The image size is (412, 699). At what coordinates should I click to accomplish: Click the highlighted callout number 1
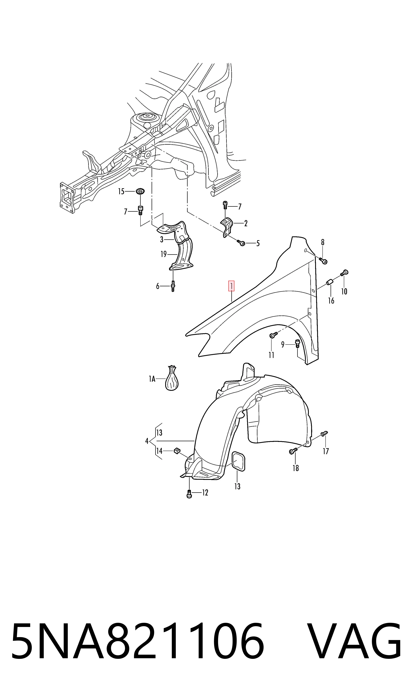231,286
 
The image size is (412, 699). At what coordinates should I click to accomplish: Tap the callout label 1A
152,379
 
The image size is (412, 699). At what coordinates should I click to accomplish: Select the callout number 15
121,192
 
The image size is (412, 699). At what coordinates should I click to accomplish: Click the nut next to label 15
140,191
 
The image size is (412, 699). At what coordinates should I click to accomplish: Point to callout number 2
246,223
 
